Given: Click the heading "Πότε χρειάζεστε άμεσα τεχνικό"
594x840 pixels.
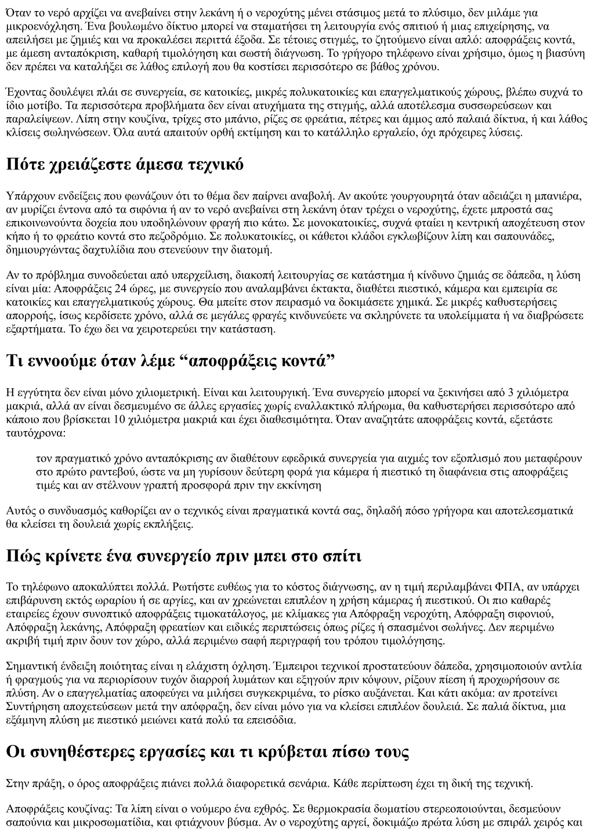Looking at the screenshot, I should pos(125,164).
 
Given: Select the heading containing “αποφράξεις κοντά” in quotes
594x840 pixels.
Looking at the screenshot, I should pos(171,360).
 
